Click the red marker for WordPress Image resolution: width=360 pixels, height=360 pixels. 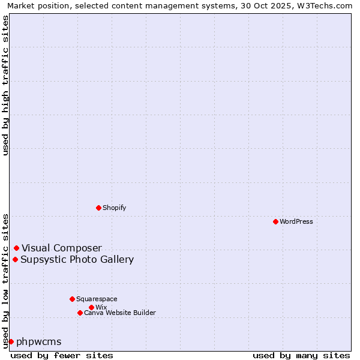pyautogui.click(x=275, y=221)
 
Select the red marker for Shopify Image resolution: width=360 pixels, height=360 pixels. pyautogui.click(x=98, y=208)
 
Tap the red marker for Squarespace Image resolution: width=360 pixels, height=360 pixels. pyautogui.click(x=72, y=299)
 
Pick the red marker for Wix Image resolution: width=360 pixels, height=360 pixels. pyautogui.click(x=91, y=307)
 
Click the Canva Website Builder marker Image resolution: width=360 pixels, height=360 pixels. pyautogui.click(x=80, y=313)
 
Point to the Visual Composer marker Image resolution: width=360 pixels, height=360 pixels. pyautogui.click(x=16, y=248)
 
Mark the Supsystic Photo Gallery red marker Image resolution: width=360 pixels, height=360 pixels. pyautogui.click(x=15, y=259)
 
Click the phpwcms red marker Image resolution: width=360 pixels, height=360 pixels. pyautogui.click(x=11, y=341)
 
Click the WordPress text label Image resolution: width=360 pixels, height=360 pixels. pyautogui.click(x=296, y=221)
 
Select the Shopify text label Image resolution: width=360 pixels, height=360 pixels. pyautogui.click(x=114, y=208)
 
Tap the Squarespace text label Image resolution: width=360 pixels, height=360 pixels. pyautogui.click(x=97, y=299)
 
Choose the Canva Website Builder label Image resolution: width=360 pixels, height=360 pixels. pyautogui.click(x=119, y=313)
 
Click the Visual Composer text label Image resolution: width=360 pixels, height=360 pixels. pyautogui.click(x=62, y=248)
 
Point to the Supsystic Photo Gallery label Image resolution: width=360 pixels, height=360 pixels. pyautogui.click(x=77, y=260)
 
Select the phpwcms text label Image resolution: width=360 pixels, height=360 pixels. pyautogui.click(x=39, y=342)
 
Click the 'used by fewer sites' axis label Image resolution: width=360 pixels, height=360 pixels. pyautogui.click(x=62, y=355)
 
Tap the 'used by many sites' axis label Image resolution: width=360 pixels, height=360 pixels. pyautogui.click(x=301, y=355)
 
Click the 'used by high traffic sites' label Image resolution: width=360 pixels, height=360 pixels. pyautogui.click(x=5, y=85)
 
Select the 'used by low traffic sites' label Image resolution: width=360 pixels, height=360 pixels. pyautogui.click(x=5, y=280)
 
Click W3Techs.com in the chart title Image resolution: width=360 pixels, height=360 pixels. pyautogui.click(x=326, y=5)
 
